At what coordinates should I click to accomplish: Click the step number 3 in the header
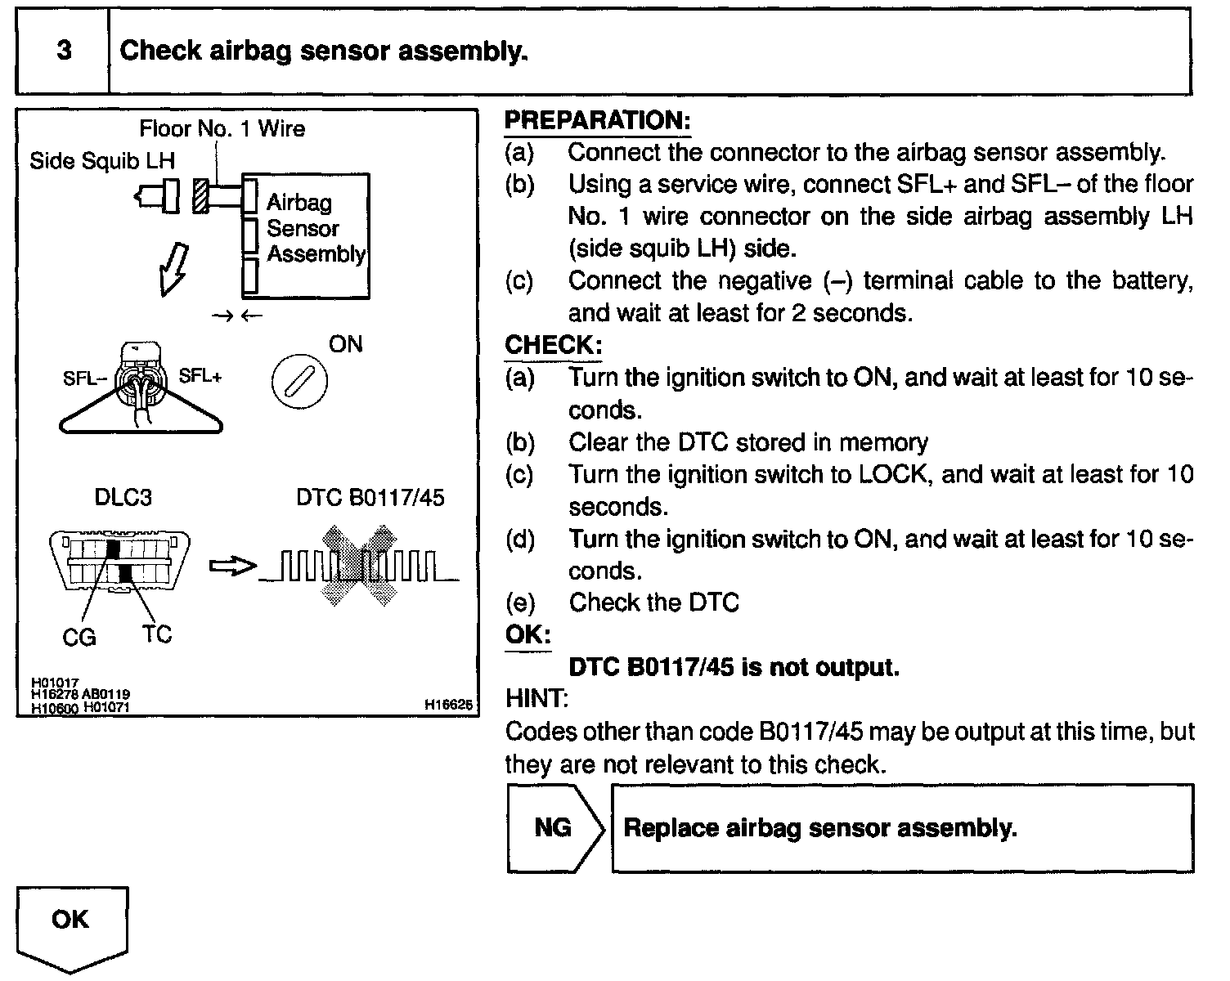63,52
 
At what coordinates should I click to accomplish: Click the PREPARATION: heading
597,121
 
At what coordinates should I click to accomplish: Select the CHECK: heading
553,346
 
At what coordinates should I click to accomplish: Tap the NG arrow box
554,828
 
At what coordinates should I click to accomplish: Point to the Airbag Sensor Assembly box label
315,228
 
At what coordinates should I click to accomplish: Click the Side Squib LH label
102,160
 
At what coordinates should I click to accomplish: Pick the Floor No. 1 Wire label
222,129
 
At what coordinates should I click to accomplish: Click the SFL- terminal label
84,379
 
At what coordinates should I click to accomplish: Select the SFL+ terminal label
200,376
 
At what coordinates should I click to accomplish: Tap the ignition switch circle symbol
299,382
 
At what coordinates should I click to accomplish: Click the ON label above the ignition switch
345,344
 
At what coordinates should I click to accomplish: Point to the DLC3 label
123,498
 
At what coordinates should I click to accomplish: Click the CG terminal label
79,637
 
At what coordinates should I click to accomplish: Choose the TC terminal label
156,634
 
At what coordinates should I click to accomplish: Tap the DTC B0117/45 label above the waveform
370,498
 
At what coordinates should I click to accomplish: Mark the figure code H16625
448,704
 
